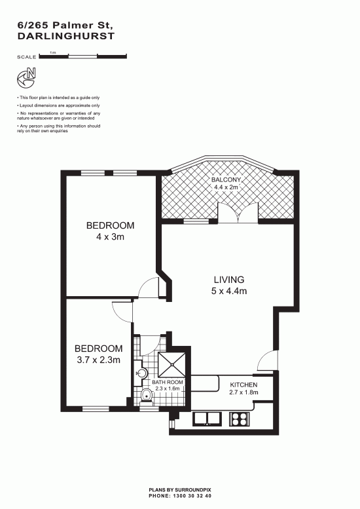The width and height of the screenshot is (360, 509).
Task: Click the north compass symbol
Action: (26, 78)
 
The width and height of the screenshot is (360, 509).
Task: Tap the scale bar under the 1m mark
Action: (82, 56)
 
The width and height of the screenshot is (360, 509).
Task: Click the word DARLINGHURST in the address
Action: (66, 36)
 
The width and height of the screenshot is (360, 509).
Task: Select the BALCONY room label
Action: (226, 180)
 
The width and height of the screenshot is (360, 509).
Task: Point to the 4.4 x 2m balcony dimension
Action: (226, 187)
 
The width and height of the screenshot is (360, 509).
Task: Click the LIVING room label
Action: (229, 280)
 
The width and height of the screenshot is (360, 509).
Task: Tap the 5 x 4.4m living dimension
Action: (229, 291)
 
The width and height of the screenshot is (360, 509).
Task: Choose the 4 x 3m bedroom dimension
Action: (110, 237)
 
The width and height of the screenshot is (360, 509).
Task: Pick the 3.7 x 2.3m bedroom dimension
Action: (99, 360)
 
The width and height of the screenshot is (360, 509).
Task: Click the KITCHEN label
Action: (243, 385)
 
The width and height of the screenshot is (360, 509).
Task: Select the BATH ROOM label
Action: (168, 383)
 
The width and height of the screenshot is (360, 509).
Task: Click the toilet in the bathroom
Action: (147, 396)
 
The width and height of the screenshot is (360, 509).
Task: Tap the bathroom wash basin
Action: (141, 373)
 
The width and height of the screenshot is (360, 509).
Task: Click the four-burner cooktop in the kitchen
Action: (240, 419)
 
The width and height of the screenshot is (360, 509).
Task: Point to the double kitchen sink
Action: (207, 419)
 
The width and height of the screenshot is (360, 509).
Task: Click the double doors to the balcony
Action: (238, 213)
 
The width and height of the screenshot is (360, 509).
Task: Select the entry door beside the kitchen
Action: (268, 361)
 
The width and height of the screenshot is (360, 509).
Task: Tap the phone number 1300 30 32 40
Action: (192, 496)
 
